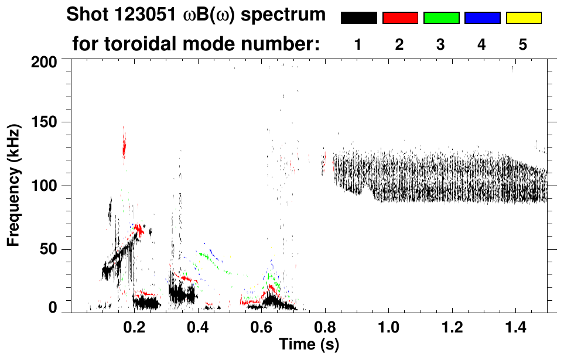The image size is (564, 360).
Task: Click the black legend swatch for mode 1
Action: (359, 18)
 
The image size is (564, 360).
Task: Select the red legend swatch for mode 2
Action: (400, 18)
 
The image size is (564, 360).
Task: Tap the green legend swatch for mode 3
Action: (441, 18)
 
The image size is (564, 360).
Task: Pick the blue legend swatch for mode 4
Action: (482, 18)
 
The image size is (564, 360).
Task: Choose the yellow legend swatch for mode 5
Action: (524, 18)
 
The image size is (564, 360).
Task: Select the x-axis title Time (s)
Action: (309, 344)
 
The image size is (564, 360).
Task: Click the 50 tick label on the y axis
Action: (49, 249)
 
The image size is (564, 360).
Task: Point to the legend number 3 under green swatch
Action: (440, 44)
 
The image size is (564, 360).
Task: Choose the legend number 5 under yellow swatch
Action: (523, 44)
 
